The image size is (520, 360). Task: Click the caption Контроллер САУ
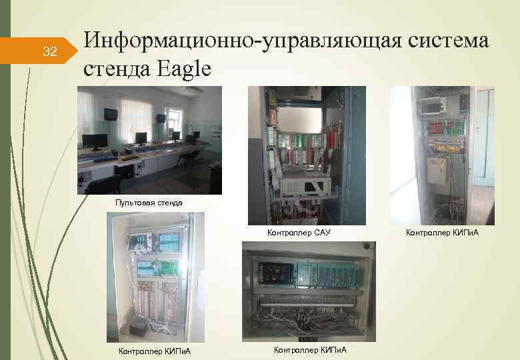(299, 233)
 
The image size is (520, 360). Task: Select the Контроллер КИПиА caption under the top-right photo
(442, 233)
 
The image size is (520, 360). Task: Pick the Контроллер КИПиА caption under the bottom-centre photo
(310, 349)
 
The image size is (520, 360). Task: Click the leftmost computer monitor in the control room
(94, 141)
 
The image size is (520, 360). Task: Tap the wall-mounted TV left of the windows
(109, 115)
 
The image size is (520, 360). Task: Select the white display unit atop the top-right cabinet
(432, 104)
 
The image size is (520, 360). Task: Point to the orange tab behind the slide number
(47, 52)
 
